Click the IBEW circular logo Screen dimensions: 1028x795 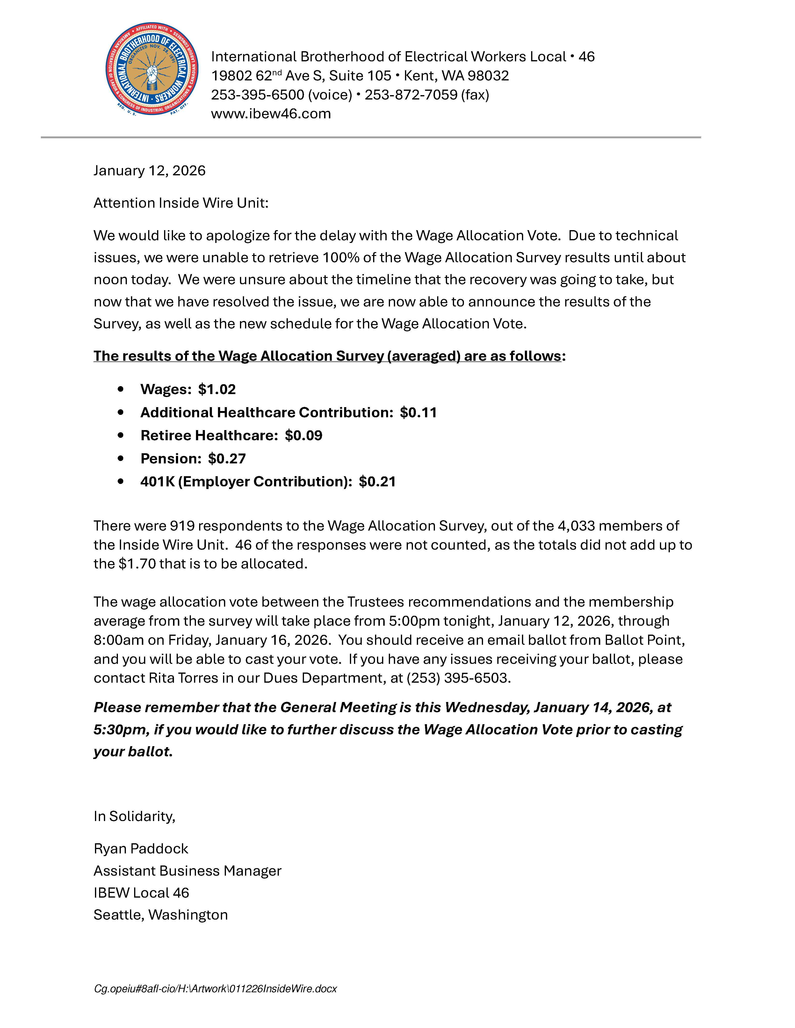point(152,69)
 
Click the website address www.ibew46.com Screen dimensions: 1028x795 point(271,114)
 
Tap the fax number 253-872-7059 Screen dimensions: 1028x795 point(411,95)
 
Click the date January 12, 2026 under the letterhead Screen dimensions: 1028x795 point(149,170)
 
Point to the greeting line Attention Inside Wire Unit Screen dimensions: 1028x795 point(181,203)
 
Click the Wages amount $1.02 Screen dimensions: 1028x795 point(217,389)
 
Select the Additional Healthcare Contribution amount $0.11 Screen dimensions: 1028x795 point(418,412)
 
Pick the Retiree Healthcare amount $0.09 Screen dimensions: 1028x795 point(303,435)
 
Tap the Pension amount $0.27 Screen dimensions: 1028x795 point(227,458)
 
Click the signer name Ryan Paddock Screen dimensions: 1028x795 point(141,849)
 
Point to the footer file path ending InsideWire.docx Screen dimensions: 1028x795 point(215,988)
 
